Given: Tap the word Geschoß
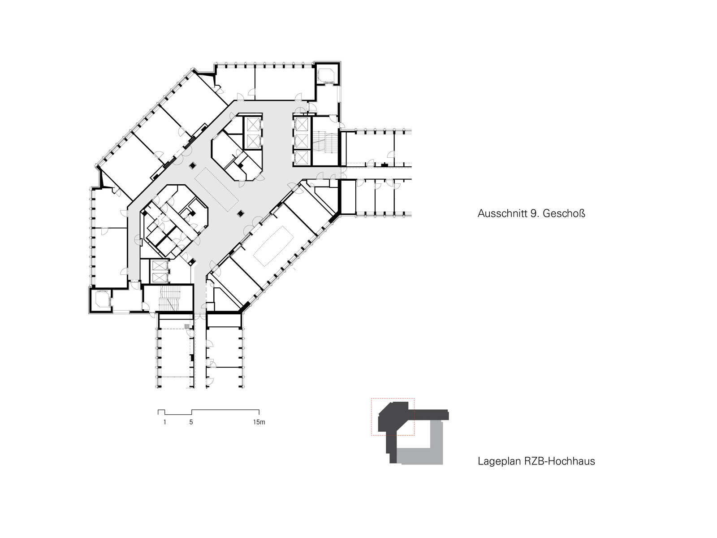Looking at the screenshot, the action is (x=564, y=213).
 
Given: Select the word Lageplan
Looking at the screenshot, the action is (x=500, y=461).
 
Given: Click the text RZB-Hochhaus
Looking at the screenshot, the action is (x=560, y=461).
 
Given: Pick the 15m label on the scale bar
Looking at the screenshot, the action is (x=259, y=422).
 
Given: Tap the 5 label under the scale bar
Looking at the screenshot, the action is (x=191, y=422).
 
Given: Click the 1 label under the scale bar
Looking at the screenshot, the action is (x=164, y=422).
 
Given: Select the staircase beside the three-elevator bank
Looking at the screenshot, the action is (x=325, y=142).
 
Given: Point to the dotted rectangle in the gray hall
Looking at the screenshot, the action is (x=216, y=190).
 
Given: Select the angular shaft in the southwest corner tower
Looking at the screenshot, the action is (x=102, y=299).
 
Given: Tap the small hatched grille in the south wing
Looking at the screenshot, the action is (x=187, y=326).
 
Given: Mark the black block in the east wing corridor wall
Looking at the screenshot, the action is (x=385, y=165).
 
